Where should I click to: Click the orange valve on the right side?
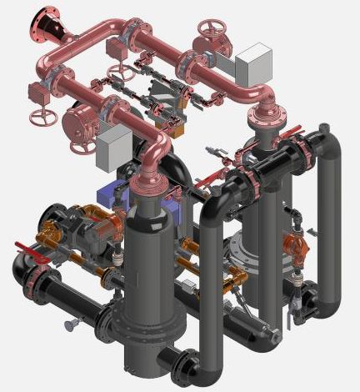coord(293,245)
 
